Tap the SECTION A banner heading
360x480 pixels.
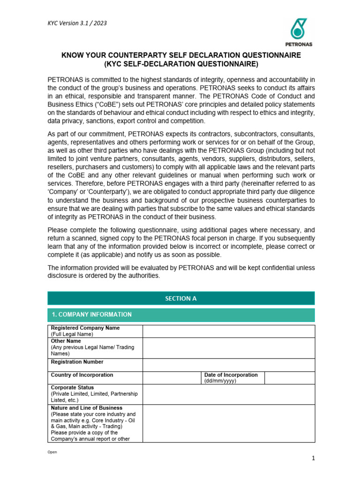click(181, 298)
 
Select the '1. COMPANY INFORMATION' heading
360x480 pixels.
click(91, 315)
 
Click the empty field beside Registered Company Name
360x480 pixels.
click(229, 331)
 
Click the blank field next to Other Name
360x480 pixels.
click(229, 348)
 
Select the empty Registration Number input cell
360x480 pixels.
click(229, 365)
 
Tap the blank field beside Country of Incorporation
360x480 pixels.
click(172, 378)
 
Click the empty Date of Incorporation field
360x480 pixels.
click(289, 378)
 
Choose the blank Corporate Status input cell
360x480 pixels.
click(229, 394)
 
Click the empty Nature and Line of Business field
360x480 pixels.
click(229, 423)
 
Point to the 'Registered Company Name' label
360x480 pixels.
click(85, 328)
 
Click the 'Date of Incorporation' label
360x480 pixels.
click(231, 375)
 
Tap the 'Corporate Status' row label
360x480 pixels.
click(72, 388)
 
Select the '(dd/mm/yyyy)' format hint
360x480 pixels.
click(220, 381)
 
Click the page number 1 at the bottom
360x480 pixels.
click(313, 458)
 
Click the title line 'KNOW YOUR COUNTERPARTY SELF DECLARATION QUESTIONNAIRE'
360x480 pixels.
click(181, 55)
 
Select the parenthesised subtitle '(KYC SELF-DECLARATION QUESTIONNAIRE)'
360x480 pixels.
click(181, 64)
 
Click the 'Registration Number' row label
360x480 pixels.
click(77, 362)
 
